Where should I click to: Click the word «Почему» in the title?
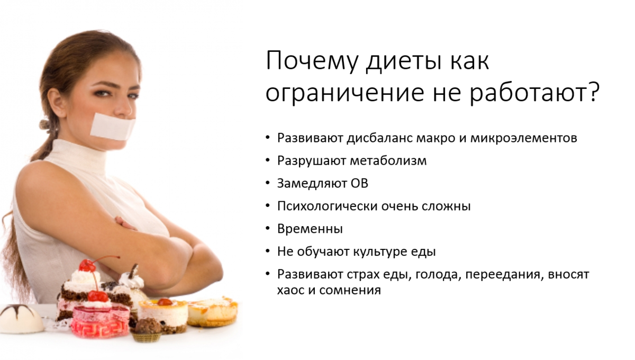(x=312, y=61)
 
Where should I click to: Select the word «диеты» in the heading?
(x=404, y=61)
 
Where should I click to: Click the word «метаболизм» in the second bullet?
(x=388, y=160)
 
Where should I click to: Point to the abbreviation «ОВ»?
(x=359, y=183)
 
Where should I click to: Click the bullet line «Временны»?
(x=310, y=229)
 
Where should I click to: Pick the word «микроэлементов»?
(x=524, y=138)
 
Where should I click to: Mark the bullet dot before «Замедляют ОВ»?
(x=268, y=183)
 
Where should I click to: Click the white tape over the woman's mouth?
(x=113, y=127)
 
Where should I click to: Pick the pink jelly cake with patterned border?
(x=100, y=319)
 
